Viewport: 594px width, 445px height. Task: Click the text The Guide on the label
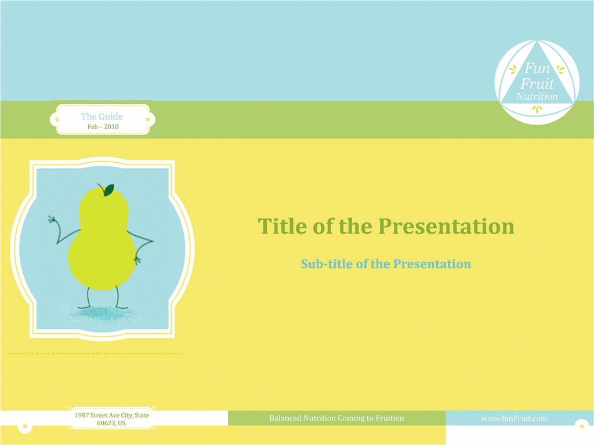click(x=102, y=116)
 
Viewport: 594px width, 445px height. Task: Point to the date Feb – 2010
click(x=103, y=126)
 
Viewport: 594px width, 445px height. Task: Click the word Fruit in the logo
click(x=537, y=83)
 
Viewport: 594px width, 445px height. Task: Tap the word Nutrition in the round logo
click(x=537, y=97)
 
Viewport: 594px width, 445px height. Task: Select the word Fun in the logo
click(x=537, y=68)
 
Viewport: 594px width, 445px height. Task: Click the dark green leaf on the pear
click(x=108, y=190)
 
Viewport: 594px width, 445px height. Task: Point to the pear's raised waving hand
click(x=52, y=220)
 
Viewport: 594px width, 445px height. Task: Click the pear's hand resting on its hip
click(x=137, y=260)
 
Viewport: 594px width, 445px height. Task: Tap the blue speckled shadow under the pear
click(x=102, y=313)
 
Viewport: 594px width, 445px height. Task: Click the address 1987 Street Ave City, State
click(x=112, y=415)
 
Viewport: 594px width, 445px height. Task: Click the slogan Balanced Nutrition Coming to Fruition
click(x=336, y=418)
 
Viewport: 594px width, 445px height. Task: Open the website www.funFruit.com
click(x=514, y=418)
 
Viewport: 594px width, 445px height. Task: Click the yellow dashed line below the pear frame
click(x=95, y=353)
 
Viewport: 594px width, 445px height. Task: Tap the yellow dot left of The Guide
click(x=57, y=119)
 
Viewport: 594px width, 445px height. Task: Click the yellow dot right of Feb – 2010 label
click(x=148, y=119)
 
